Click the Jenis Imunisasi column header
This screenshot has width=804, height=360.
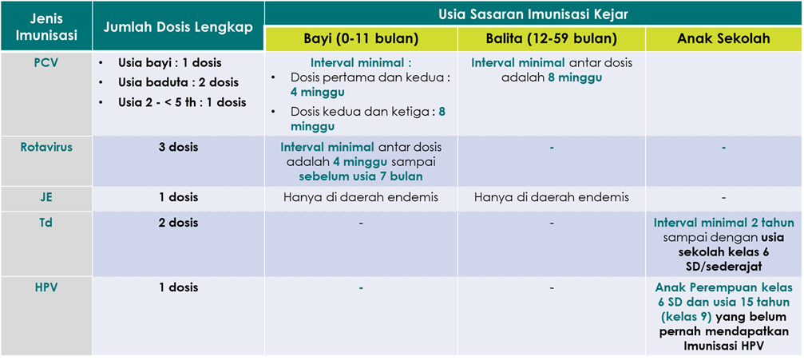(x=46, y=27)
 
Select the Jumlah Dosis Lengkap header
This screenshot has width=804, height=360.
(x=178, y=27)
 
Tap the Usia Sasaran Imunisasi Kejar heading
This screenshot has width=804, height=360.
(x=534, y=14)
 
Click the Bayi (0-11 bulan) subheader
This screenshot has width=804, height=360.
(x=361, y=39)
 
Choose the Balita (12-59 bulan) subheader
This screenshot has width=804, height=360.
(x=551, y=39)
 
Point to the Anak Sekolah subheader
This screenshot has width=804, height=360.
(x=723, y=39)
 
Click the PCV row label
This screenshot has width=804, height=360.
(x=46, y=64)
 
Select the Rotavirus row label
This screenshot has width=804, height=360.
(x=46, y=147)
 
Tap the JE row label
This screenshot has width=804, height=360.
(x=46, y=197)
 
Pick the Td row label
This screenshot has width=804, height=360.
(x=46, y=223)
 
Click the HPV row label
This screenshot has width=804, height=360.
(x=46, y=287)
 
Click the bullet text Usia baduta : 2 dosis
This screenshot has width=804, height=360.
(x=178, y=82)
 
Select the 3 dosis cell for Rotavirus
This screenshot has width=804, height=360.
(x=178, y=147)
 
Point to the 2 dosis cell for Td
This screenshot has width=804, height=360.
(x=178, y=223)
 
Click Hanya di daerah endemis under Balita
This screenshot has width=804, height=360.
(x=551, y=197)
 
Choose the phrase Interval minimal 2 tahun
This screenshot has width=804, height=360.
(x=723, y=223)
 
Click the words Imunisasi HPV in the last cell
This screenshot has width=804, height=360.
(x=723, y=346)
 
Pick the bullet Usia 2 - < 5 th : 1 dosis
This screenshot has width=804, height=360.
(x=182, y=102)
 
